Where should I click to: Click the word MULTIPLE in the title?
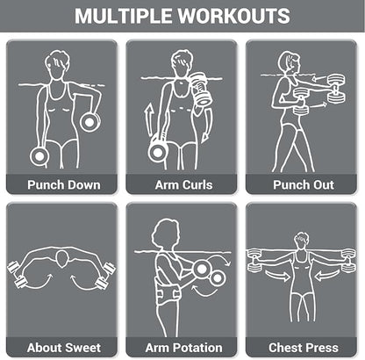click(x=124, y=16)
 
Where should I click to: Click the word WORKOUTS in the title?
click(x=234, y=16)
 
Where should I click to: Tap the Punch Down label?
click(x=64, y=185)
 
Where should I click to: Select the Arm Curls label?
click(x=183, y=185)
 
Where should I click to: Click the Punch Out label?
click(x=304, y=185)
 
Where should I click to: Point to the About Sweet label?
click(x=64, y=348)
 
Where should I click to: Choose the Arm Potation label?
click(x=183, y=348)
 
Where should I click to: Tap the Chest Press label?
click(x=304, y=348)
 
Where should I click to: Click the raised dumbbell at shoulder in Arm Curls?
click(x=200, y=89)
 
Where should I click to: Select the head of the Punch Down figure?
click(x=57, y=64)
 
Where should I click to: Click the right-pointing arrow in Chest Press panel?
click(x=277, y=276)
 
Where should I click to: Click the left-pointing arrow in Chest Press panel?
click(x=327, y=276)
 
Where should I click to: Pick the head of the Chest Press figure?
click(x=301, y=241)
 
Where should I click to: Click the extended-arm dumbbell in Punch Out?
click(x=336, y=89)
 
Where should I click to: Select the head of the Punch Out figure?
click(x=289, y=63)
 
